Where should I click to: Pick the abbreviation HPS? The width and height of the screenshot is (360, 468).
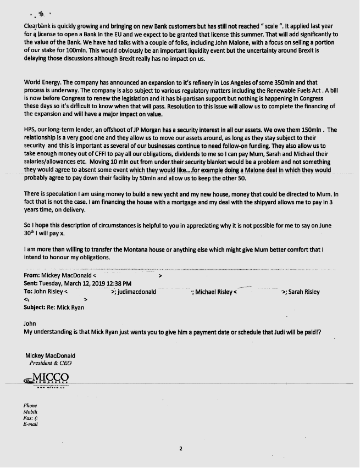[x=30, y=129]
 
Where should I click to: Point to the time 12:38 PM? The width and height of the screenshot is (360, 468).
[x=117, y=283]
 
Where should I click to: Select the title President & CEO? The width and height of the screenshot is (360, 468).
[x=50, y=363]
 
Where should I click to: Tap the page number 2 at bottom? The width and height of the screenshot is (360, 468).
[x=180, y=449]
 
